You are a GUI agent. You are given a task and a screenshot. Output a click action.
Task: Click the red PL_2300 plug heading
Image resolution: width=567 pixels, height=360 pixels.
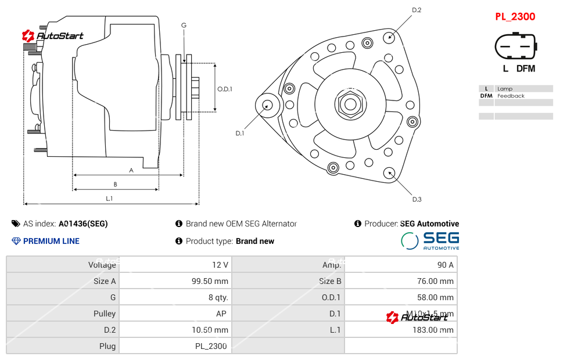(515, 17)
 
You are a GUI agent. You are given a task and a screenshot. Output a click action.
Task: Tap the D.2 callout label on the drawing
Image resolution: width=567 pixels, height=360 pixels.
(417, 10)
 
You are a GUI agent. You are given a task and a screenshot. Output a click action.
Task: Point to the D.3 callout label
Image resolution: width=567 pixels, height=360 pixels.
(417, 200)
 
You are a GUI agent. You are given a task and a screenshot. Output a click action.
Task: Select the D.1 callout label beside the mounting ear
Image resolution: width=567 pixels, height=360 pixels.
(240, 134)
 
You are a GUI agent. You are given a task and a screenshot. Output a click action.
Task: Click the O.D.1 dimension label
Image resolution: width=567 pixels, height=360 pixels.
(225, 89)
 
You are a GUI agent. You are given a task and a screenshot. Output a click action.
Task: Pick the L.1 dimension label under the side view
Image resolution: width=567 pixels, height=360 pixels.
(109, 199)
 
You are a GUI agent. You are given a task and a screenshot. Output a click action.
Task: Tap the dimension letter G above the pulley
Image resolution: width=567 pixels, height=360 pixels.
(184, 25)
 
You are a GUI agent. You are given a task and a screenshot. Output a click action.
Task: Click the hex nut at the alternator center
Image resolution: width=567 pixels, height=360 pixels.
(350, 105)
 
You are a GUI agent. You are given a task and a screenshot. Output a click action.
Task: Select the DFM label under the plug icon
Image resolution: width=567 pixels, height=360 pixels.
(526, 69)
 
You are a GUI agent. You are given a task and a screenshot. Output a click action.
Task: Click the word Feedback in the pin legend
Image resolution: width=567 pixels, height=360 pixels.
(511, 96)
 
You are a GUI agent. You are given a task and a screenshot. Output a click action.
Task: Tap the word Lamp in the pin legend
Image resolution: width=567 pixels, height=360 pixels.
(504, 89)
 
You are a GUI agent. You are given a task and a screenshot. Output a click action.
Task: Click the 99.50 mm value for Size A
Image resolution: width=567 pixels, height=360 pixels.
(210, 281)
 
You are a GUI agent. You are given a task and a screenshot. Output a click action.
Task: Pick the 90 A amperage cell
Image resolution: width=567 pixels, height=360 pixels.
(445, 265)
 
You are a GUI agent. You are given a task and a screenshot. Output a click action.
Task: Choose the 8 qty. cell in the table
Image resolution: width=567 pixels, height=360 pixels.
(217, 297)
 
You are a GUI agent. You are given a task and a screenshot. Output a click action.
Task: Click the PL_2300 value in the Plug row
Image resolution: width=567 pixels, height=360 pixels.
(211, 346)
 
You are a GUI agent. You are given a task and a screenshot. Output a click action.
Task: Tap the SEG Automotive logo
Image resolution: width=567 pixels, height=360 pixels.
(430, 240)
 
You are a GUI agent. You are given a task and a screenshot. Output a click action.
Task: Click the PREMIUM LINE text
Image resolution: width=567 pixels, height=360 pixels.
(51, 241)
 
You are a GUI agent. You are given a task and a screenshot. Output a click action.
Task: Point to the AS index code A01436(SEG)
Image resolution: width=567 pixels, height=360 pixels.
(83, 224)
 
